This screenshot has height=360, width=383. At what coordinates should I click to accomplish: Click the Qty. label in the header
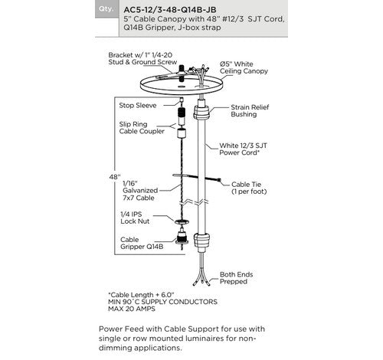(106, 8)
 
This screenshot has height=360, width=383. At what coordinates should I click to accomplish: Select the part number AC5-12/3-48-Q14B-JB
(170, 10)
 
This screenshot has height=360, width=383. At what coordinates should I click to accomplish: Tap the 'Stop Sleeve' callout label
(138, 106)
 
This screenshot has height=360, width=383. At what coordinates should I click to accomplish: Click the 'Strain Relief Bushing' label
(250, 110)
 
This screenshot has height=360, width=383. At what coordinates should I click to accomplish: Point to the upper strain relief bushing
(201, 110)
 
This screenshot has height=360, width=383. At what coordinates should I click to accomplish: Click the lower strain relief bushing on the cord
(201, 241)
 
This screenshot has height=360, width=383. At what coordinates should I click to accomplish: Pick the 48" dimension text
(115, 177)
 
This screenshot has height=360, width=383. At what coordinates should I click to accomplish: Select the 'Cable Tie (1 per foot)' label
(249, 188)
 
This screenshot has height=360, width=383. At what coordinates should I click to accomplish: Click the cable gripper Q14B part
(182, 237)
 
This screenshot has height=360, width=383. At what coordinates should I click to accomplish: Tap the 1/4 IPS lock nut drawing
(182, 221)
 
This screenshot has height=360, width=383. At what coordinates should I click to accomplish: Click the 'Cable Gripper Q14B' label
(142, 243)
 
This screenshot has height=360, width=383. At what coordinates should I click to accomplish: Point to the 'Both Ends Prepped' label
(236, 278)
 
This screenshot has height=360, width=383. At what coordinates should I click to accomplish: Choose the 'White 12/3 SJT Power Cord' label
(243, 149)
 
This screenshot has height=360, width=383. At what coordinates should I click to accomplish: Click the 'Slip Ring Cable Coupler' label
(142, 128)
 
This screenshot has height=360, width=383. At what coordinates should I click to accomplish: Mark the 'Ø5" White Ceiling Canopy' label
(244, 67)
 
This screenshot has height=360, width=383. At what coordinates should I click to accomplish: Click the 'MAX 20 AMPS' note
(132, 309)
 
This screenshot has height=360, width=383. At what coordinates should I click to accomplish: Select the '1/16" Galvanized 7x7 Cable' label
(140, 191)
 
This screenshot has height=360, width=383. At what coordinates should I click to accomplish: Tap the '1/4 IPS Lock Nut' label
(135, 218)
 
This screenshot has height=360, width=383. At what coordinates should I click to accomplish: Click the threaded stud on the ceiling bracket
(182, 74)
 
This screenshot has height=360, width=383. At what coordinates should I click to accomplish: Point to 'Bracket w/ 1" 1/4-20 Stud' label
(140, 58)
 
